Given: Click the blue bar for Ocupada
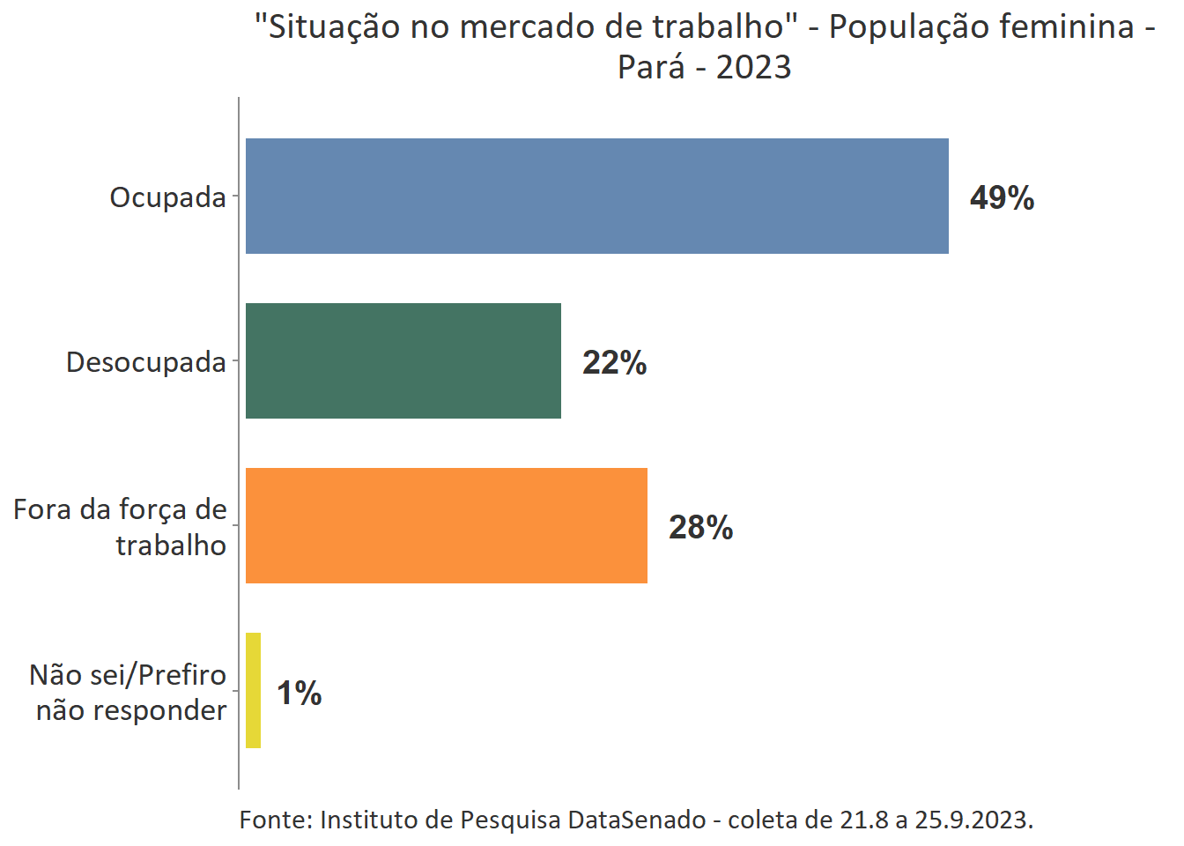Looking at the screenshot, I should (x=596, y=196).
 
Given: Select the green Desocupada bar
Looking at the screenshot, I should (x=403, y=360).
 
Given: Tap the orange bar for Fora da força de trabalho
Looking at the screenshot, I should (x=446, y=525).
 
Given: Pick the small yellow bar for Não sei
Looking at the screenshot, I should (x=253, y=690).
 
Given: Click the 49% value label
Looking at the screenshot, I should (x=1002, y=197).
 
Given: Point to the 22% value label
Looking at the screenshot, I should (x=614, y=362).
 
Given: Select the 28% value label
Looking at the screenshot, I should (x=700, y=527).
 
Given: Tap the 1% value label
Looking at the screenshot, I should (x=299, y=693).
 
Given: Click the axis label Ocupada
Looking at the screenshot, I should (x=167, y=197).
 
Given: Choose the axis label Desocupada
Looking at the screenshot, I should (x=146, y=362).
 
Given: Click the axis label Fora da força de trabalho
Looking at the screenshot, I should (x=121, y=527).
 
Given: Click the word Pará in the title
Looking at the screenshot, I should (x=650, y=67).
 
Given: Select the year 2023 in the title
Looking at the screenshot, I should (x=753, y=67).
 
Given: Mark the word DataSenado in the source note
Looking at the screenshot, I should (x=636, y=820).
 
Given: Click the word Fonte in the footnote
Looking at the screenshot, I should (x=274, y=820).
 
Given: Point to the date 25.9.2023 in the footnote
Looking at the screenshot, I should (x=973, y=820).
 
